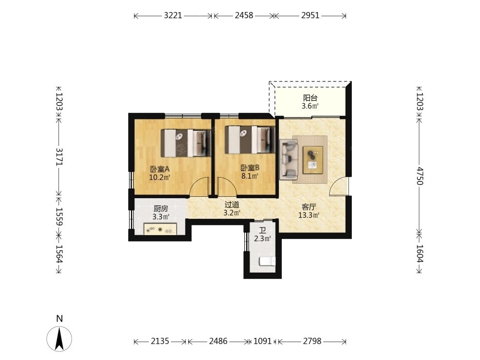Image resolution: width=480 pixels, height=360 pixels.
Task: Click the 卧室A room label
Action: click(x=159, y=168)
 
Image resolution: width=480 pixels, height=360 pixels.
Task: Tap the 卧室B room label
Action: click(x=250, y=168)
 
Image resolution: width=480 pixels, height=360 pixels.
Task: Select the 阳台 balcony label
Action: click(x=310, y=98)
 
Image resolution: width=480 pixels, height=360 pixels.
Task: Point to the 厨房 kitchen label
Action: click(x=161, y=209)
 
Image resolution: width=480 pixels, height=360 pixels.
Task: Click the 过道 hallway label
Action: click(x=232, y=204)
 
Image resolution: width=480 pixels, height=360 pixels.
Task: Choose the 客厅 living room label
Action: click(x=309, y=207)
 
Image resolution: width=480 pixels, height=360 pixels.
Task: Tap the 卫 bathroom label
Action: click(x=263, y=230)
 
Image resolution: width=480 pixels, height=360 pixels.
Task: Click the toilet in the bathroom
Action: click(x=267, y=261)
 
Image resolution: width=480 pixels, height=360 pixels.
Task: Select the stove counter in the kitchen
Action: click(x=160, y=229)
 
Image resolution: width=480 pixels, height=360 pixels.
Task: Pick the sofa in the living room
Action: click(x=288, y=159)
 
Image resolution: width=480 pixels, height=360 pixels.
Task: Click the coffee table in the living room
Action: click(x=313, y=160)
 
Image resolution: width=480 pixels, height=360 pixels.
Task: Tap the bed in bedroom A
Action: click(x=186, y=143)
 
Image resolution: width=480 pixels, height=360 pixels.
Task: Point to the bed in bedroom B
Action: click(x=250, y=140)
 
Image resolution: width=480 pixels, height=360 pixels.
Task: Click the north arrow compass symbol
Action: click(x=60, y=338)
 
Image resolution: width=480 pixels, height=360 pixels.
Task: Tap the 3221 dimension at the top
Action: click(x=173, y=15)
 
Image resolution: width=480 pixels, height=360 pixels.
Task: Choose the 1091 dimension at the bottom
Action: click(x=263, y=341)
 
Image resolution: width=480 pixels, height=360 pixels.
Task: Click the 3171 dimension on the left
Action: click(x=59, y=157)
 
